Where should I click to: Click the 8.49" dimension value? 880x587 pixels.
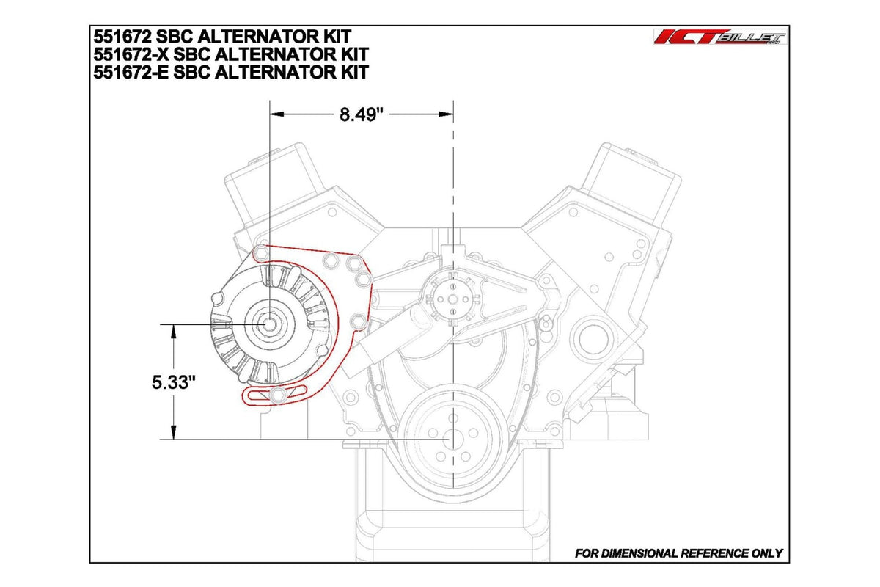[x=362, y=114]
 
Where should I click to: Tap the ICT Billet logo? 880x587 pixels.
[x=719, y=39]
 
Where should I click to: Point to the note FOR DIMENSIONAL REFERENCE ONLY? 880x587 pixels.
[x=678, y=553]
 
